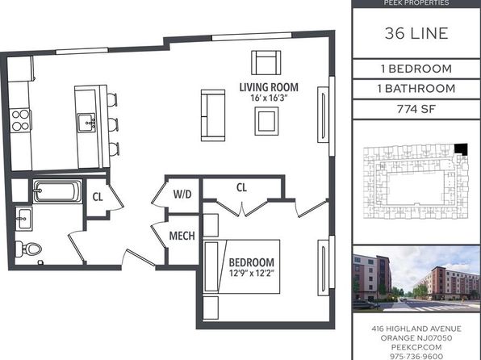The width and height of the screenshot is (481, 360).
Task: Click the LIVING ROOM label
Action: pos(269,87)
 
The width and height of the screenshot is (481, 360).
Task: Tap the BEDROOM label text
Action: pos(252,262)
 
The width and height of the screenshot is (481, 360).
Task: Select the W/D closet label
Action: pos(182,194)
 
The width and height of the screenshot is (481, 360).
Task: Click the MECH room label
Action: pos(182,236)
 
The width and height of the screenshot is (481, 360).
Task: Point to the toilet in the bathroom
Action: pos(28,249)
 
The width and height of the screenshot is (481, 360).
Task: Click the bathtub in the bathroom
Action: pos(57,191)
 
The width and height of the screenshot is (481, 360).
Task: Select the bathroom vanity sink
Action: pos(24,219)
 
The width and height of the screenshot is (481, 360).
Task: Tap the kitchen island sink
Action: pos(86,123)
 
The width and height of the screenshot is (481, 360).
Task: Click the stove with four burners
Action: pos(20,120)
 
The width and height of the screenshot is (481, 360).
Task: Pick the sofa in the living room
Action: pos(213,115)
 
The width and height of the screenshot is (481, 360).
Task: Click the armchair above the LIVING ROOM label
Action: pos(266,63)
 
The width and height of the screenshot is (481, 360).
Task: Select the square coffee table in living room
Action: pos(266,121)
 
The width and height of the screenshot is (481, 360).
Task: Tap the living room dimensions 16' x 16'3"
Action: pos(270,98)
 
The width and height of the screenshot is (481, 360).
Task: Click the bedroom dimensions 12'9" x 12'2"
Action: pos(252,273)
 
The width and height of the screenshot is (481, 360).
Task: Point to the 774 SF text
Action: pos(416,109)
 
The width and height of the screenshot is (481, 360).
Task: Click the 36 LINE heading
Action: pos(416,33)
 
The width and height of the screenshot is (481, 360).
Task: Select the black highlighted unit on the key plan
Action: pos(461,149)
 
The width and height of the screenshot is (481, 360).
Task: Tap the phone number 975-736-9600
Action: pos(416,357)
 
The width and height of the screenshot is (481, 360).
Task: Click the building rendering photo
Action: pos(416,278)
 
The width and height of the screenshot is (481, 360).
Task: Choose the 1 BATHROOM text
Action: pos(416,89)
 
